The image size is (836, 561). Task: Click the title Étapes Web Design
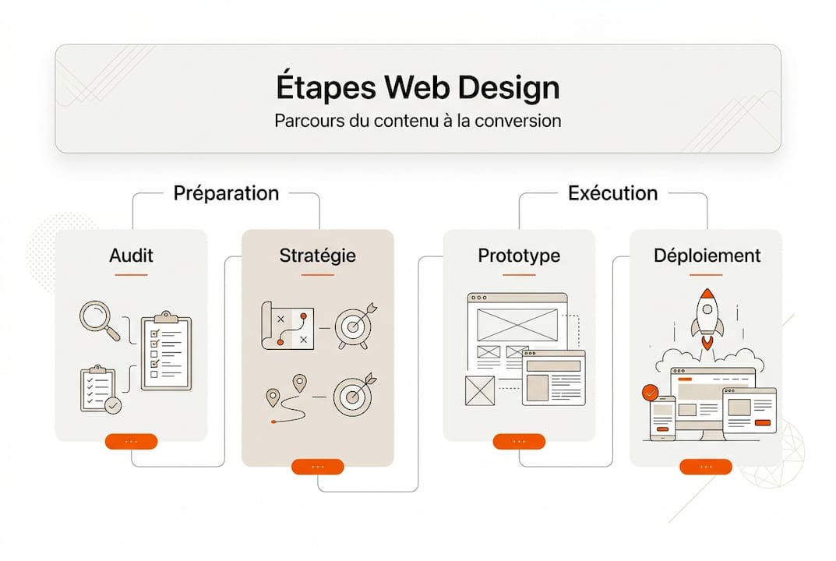(418, 87)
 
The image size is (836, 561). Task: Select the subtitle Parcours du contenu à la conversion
(418, 122)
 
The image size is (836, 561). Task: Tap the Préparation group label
(226, 193)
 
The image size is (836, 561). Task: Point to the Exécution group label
(612, 193)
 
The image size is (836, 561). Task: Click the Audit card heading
(131, 255)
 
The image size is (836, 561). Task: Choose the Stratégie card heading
(317, 255)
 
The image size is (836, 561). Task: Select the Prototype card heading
(518, 255)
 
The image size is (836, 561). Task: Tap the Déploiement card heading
(707, 255)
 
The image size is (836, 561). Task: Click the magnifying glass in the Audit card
(99, 320)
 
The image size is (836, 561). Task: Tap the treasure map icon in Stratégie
(287, 326)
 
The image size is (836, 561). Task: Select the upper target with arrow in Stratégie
(355, 326)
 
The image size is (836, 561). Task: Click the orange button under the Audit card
(131, 442)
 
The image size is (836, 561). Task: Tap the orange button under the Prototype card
(519, 442)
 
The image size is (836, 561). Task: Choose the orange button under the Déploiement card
(706, 467)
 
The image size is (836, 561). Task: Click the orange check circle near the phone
(650, 392)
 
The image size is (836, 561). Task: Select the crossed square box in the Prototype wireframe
(479, 390)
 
